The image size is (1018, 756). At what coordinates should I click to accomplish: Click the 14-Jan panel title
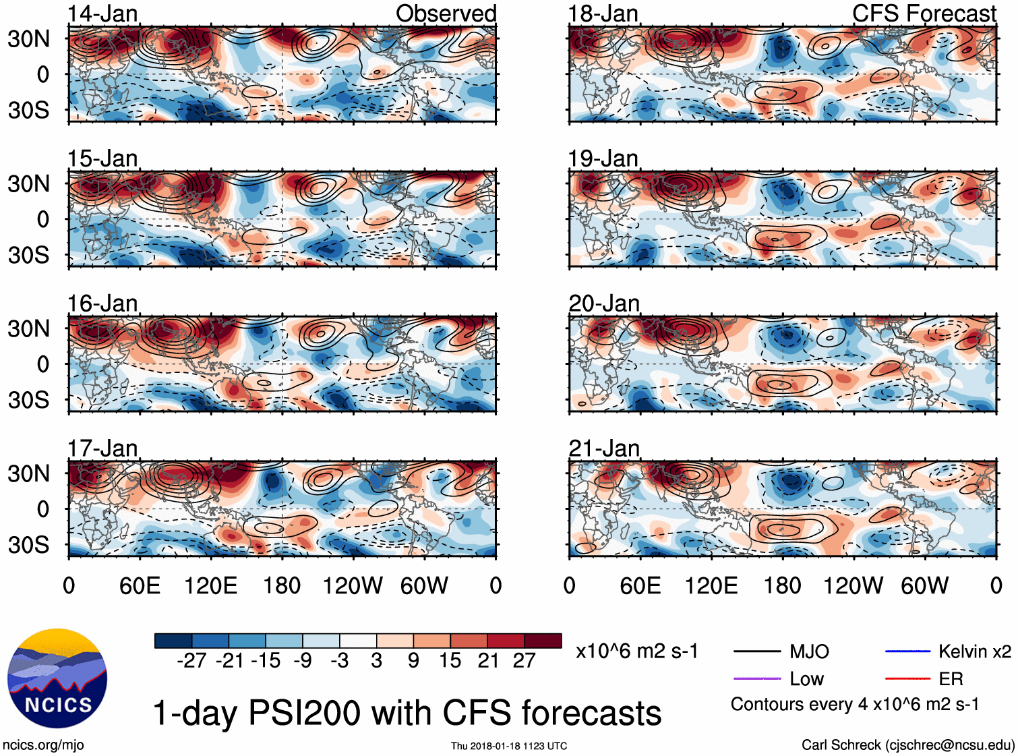[x=102, y=13]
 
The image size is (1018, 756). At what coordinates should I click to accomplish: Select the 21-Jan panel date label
[x=603, y=448]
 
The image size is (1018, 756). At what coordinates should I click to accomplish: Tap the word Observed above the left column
[x=446, y=13]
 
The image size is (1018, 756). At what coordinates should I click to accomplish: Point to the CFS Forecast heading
[x=924, y=13]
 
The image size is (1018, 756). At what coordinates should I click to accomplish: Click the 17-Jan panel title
[x=102, y=448]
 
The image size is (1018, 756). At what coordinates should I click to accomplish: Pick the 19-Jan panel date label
[x=603, y=158]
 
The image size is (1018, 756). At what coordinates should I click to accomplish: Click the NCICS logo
[x=57, y=678]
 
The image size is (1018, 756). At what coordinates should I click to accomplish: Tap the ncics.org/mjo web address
[x=43, y=745]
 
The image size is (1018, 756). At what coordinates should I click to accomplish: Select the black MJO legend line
[x=756, y=651]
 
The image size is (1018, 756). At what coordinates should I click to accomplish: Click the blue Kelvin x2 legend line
[x=907, y=651]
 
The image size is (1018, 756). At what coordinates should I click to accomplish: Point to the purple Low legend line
[x=756, y=678]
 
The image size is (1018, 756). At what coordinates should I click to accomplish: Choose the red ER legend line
[x=907, y=678]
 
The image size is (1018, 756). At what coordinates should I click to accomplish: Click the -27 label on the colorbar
[x=191, y=660]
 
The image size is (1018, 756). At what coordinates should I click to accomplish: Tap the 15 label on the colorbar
[x=450, y=660]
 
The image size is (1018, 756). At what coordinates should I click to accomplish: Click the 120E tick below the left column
[x=210, y=585]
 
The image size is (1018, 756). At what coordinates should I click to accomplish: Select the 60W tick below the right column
[x=924, y=585]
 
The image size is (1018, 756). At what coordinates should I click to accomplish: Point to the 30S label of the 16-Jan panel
[x=29, y=400]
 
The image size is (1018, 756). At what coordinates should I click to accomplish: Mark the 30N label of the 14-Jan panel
[x=29, y=38]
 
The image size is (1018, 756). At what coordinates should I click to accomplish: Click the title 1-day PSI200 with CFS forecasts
[x=407, y=713]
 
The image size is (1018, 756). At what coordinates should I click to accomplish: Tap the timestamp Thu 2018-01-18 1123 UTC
[x=509, y=746]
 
